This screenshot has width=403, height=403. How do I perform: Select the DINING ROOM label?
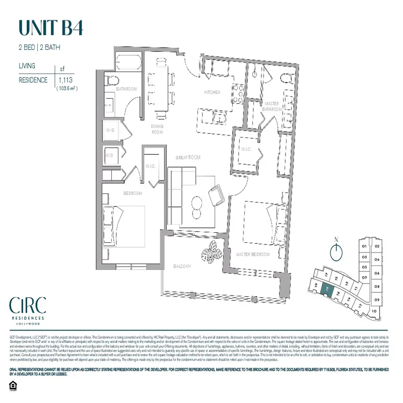pyautogui.click(x=158, y=130)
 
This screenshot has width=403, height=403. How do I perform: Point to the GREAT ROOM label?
pyautogui.click(x=187, y=158)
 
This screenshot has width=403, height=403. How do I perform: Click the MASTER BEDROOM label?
pyautogui.click(x=253, y=254)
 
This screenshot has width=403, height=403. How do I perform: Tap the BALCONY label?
pyautogui.click(x=184, y=266)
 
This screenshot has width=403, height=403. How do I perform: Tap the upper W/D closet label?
pyautogui.click(x=110, y=130)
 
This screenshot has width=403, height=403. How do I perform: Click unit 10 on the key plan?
pyautogui.click(x=373, y=311)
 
